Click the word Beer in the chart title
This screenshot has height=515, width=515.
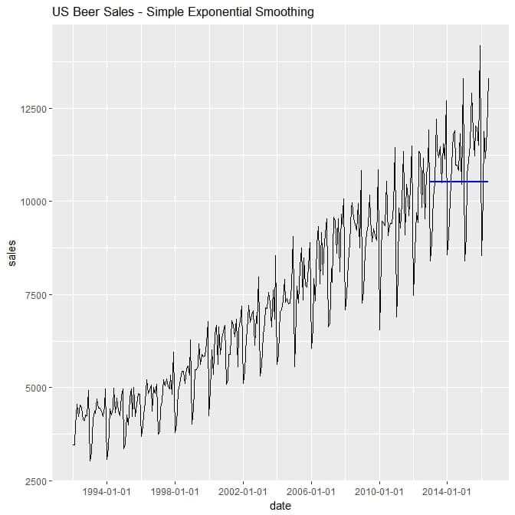tap(86, 13)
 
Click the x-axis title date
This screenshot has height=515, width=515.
tap(280, 506)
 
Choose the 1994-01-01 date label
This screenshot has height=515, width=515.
tap(107, 491)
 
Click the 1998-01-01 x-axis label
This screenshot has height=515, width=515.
tap(175, 491)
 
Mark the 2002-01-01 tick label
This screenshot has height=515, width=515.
tap(242, 491)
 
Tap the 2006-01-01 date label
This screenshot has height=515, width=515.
tap(310, 491)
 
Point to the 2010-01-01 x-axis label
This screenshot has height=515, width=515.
tap(379, 491)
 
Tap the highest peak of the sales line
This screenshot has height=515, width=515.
tap(480, 46)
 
